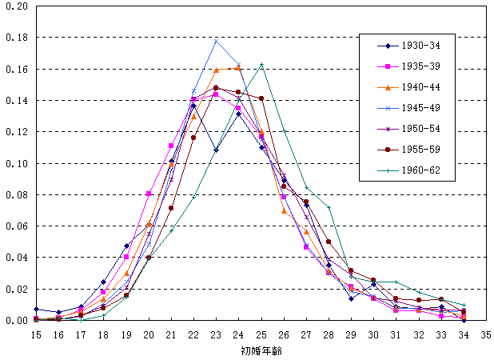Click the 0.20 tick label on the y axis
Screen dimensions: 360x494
[x=17, y=6]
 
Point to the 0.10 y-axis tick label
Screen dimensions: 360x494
[x=17, y=163]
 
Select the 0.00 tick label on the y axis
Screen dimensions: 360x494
[x=17, y=320]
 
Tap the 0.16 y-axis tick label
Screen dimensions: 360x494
[x=17, y=70]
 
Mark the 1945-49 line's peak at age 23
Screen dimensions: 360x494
[x=216, y=42]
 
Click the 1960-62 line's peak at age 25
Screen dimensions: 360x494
[x=261, y=66]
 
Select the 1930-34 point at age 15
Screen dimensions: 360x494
[x=35, y=309]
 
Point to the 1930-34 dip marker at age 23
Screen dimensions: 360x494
[x=216, y=150]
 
